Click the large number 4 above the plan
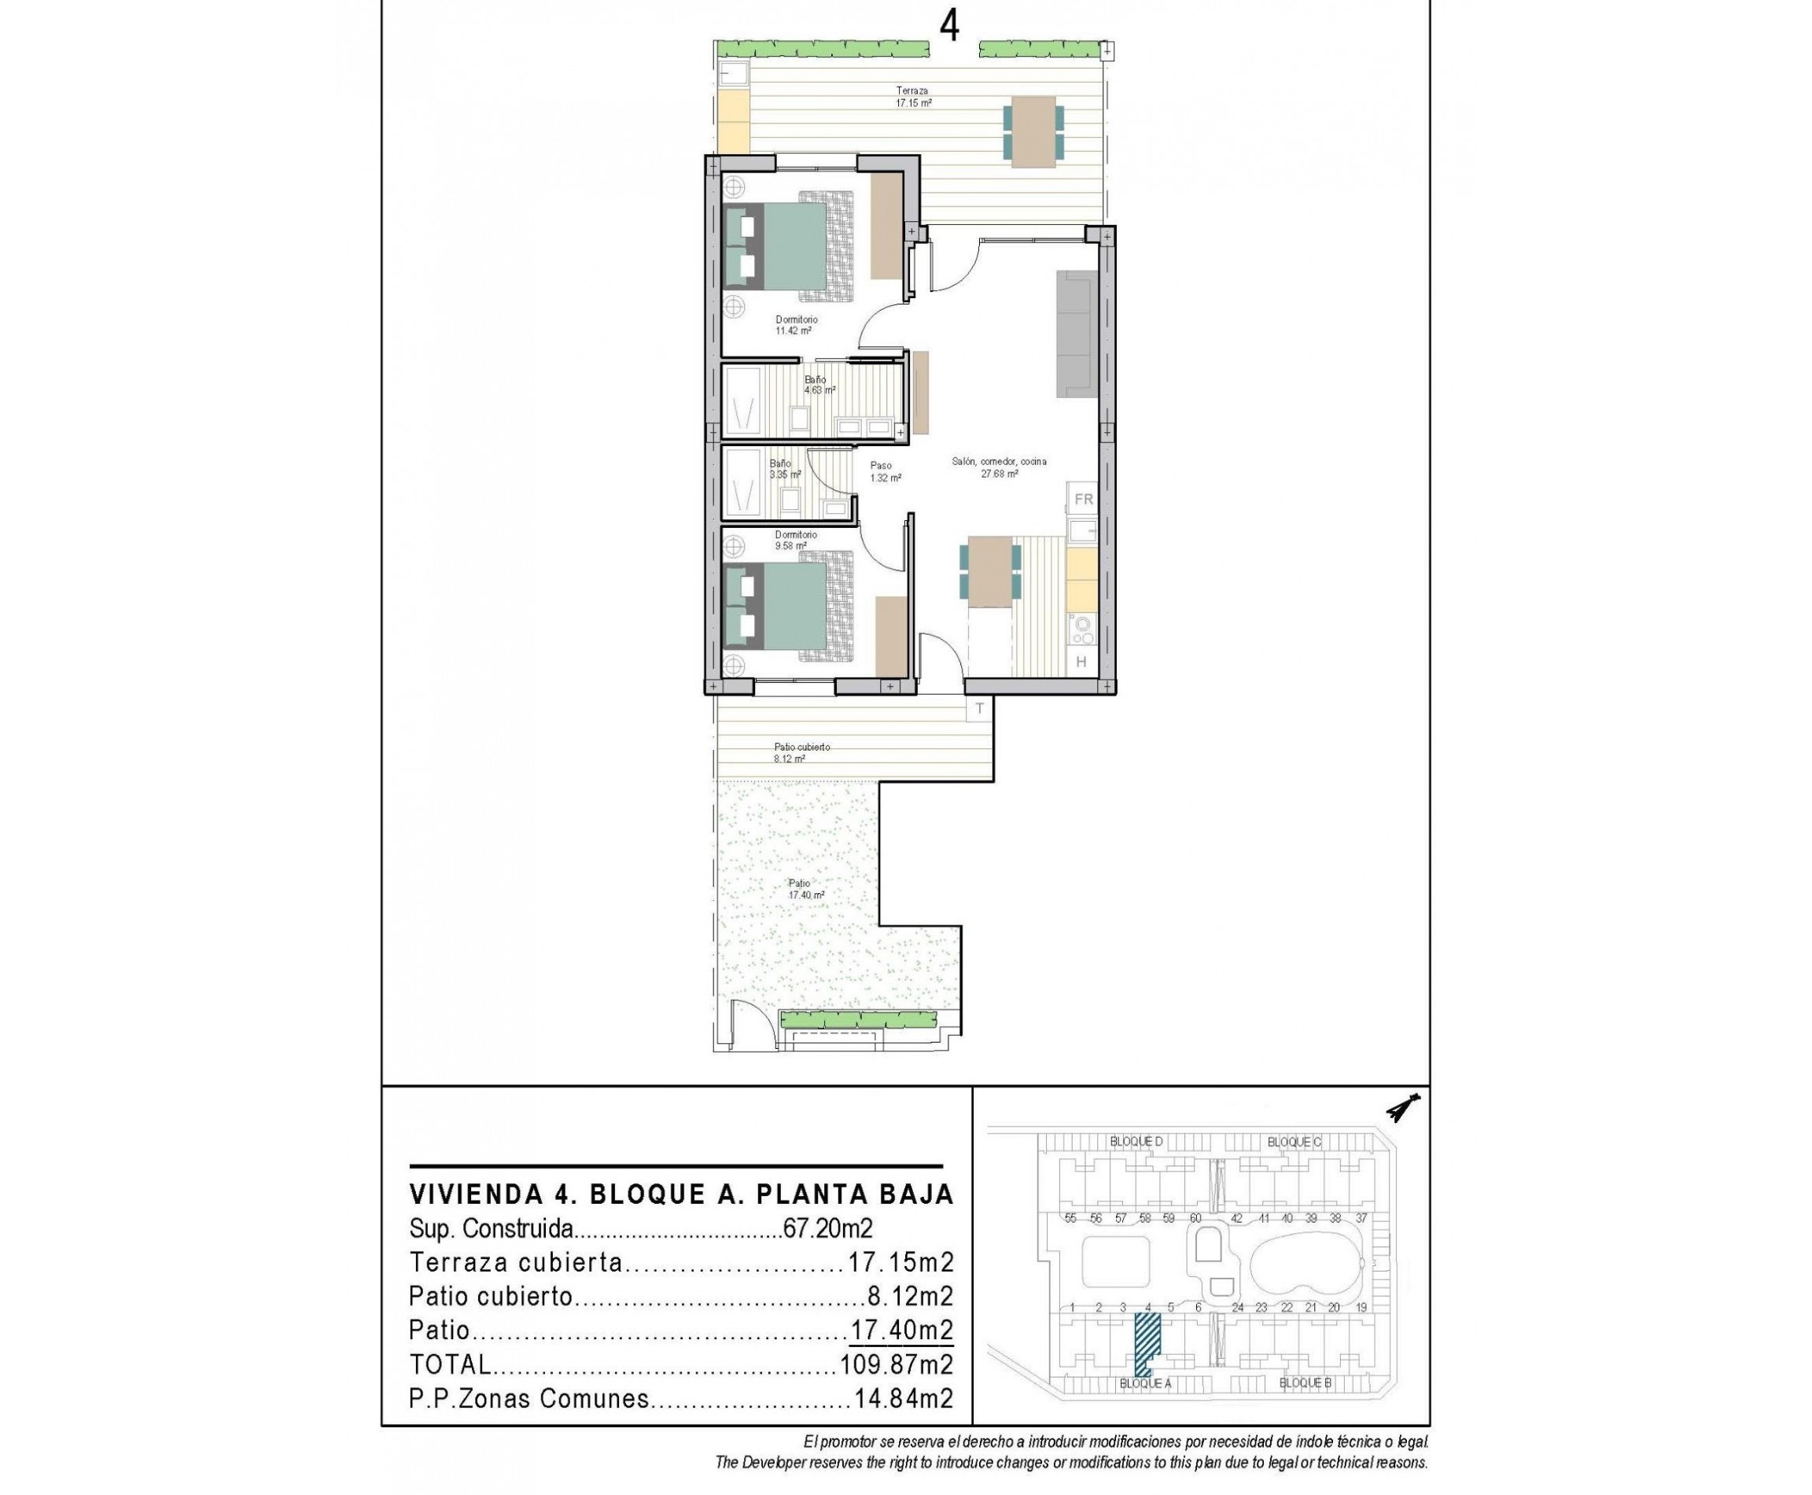coord(948,27)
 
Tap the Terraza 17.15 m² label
coord(912,97)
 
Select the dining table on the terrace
coord(1032,131)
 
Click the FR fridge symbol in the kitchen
coord(1083,500)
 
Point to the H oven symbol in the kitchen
coord(1081,662)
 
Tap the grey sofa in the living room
coord(1076,334)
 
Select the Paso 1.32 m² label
coord(885,472)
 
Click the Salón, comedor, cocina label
coord(999,467)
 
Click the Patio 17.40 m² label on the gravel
coord(805,888)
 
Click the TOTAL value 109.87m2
coord(895,1365)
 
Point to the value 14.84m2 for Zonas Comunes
coord(903,1398)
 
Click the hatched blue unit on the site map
coord(1146,1340)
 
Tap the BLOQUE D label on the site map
coord(1136,1142)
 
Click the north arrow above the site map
coord(1402,1107)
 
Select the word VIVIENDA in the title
coord(476,1194)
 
